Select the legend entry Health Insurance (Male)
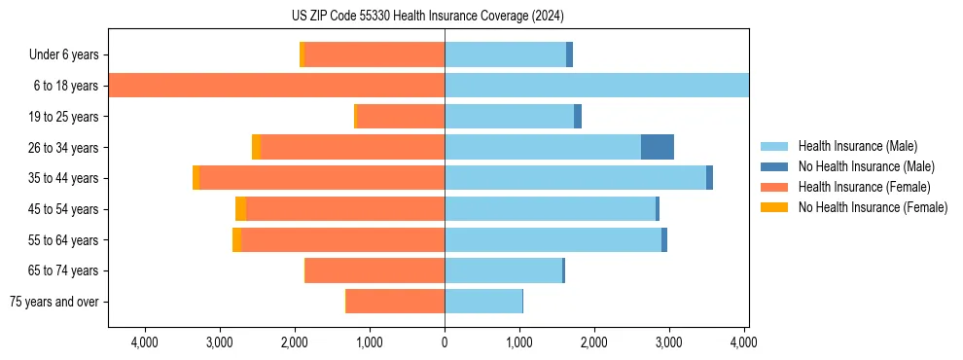tap(857, 146)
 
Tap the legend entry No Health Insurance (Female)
tap(873, 207)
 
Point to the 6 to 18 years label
tap(65, 86)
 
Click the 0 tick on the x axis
tap(445, 342)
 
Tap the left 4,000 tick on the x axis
tap(145, 342)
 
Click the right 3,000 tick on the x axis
tap(669, 342)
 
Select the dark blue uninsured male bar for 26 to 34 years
tap(658, 147)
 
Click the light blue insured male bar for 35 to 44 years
tap(575, 178)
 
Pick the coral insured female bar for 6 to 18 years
tap(276, 86)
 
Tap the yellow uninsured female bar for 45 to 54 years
tap(240, 209)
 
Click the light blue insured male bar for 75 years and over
tap(483, 302)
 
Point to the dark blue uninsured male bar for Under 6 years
tap(569, 54)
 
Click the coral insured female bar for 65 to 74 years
tap(374, 270)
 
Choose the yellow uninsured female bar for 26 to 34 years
tap(256, 147)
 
